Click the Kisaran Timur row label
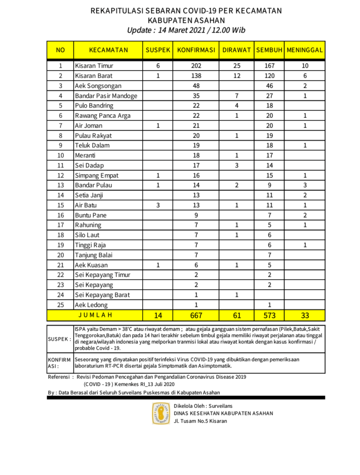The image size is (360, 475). coord(94,66)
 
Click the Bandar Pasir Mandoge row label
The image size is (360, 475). coord(106,96)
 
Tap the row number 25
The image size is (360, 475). coord(61,304)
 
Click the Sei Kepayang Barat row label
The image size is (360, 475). coord(102,295)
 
